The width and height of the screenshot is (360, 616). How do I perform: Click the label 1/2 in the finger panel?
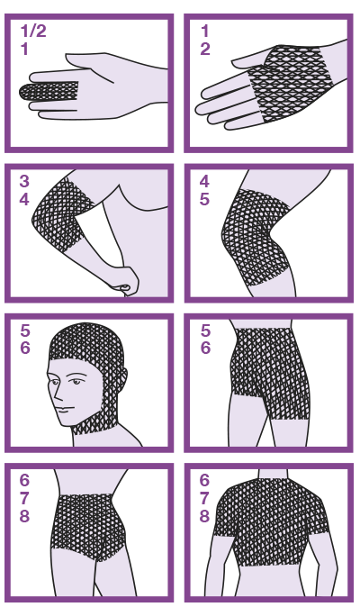click(x=33, y=31)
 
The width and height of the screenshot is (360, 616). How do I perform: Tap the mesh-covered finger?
click(x=49, y=92)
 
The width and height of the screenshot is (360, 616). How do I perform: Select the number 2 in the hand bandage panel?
click(x=205, y=50)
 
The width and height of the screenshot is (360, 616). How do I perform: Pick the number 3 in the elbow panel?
click(x=24, y=181)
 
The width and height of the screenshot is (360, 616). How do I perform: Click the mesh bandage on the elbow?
click(x=63, y=214)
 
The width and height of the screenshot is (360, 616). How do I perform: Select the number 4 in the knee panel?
click(x=204, y=181)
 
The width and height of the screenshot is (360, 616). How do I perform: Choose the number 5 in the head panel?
click(x=24, y=331)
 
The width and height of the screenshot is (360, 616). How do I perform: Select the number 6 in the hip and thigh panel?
click(x=205, y=348)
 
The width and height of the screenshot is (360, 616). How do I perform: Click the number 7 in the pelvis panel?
click(x=24, y=498)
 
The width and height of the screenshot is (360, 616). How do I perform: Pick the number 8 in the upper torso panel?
click(x=204, y=515)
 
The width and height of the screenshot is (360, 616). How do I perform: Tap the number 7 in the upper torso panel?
click(x=204, y=498)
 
